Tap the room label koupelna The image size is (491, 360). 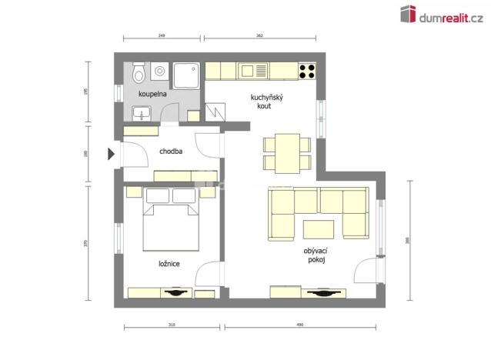point(152,94)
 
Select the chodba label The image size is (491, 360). point(171,152)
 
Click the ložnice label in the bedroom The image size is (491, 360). point(169,264)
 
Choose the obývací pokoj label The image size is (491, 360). point(315,255)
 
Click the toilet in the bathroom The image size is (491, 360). point(139,73)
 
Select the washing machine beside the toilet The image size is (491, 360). point(160,71)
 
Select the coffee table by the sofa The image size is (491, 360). point(318,229)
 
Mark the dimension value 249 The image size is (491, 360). point(162,35)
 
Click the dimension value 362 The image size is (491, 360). point(260,35)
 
